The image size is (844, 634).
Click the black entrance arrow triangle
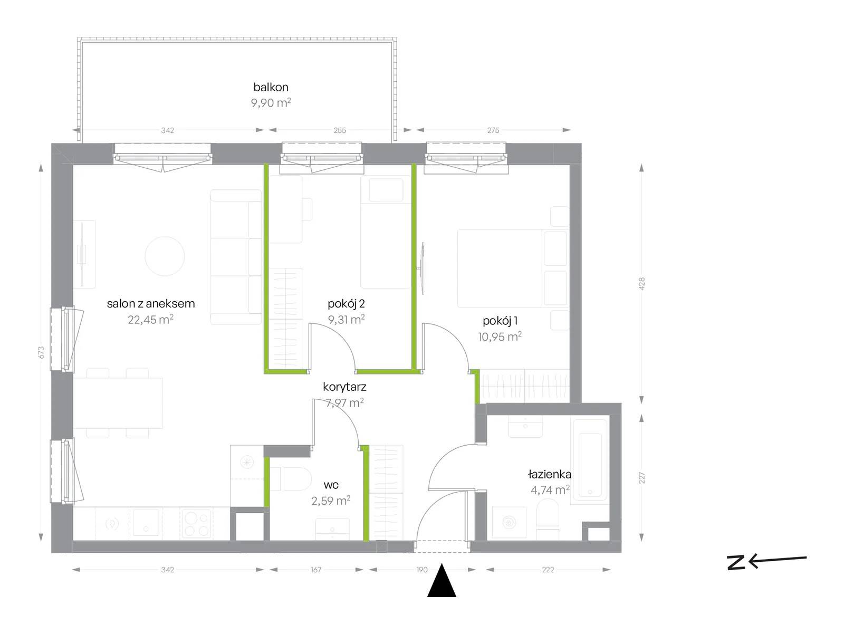click(x=442, y=581)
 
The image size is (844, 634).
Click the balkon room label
click(x=271, y=87)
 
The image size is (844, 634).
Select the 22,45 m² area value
click(x=150, y=320)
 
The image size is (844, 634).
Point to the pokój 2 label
click(x=346, y=304)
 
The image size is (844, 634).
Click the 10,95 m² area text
click(x=500, y=337)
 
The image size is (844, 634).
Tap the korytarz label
click(x=344, y=387)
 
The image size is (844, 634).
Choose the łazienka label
click(x=550, y=474)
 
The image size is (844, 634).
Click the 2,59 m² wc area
click(x=331, y=501)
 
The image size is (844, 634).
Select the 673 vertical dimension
click(x=42, y=352)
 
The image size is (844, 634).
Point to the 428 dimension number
click(x=641, y=284)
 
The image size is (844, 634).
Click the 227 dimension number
click(x=641, y=477)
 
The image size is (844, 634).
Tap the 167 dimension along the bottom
click(x=316, y=570)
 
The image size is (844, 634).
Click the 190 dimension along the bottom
click(x=422, y=570)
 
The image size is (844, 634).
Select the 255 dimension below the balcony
click(x=340, y=130)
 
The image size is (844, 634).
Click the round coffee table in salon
click(x=165, y=256)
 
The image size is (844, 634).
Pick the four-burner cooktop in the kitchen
click(x=197, y=523)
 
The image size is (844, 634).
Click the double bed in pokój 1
click(x=513, y=268)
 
